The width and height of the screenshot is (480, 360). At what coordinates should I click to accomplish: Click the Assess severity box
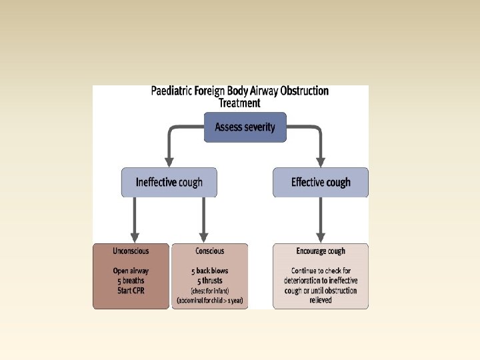(x=245, y=127)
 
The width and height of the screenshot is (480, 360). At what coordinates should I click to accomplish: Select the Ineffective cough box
(x=169, y=182)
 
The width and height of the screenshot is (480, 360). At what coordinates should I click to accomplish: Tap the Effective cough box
(x=321, y=182)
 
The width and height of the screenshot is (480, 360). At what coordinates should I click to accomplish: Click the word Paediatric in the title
(x=175, y=91)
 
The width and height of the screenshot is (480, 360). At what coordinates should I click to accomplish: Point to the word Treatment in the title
(x=240, y=103)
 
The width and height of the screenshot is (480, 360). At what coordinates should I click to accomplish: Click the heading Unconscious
(x=131, y=251)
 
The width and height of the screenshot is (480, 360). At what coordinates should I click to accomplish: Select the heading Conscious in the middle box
(x=210, y=251)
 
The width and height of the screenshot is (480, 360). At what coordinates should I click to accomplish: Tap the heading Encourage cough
(x=321, y=251)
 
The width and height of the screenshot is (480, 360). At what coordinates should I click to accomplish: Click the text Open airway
(x=131, y=271)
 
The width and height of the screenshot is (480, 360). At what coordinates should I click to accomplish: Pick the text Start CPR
(x=131, y=290)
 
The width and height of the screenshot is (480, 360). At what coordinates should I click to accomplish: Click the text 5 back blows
(x=210, y=271)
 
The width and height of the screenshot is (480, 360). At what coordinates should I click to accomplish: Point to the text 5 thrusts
(x=210, y=281)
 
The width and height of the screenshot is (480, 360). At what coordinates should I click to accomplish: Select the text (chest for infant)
(x=210, y=291)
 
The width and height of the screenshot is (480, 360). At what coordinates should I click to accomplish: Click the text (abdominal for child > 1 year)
(x=210, y=301)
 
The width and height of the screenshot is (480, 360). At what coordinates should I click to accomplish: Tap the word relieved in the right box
(x=321, y=301)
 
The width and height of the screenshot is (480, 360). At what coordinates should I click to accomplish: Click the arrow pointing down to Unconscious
(x=135, y=220)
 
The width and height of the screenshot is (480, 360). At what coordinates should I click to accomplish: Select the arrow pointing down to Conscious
(x=203, y=220)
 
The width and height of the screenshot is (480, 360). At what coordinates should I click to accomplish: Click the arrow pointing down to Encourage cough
(x=321, y=220)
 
